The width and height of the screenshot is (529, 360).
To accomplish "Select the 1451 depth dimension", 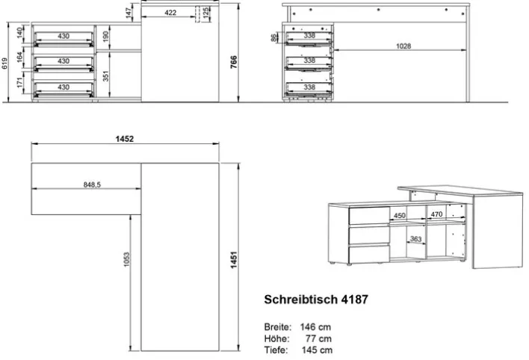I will pos(234,260).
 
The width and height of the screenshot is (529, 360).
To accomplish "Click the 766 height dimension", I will pos(234,60).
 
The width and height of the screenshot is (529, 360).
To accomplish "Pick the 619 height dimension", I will pos(6,64).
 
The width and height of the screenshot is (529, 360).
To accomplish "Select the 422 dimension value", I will pos(171,13).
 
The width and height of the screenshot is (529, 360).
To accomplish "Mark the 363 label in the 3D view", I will pos(415,239).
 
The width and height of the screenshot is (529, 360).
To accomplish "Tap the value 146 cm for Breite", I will pos(315,327).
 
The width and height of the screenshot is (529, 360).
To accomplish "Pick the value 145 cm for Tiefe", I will pos(315,350).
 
